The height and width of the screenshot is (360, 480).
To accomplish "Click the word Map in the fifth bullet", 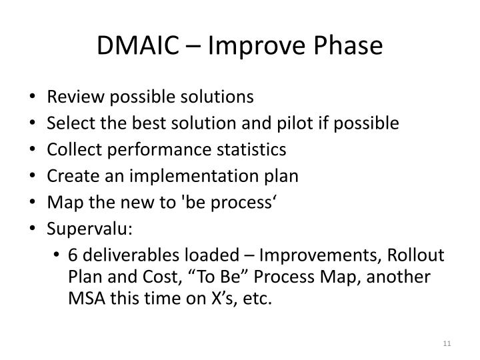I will tap(61, 202).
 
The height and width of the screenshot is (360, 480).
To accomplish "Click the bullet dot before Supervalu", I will tap(35, 229).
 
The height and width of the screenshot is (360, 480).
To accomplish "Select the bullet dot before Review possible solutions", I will tap(35, 97).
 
